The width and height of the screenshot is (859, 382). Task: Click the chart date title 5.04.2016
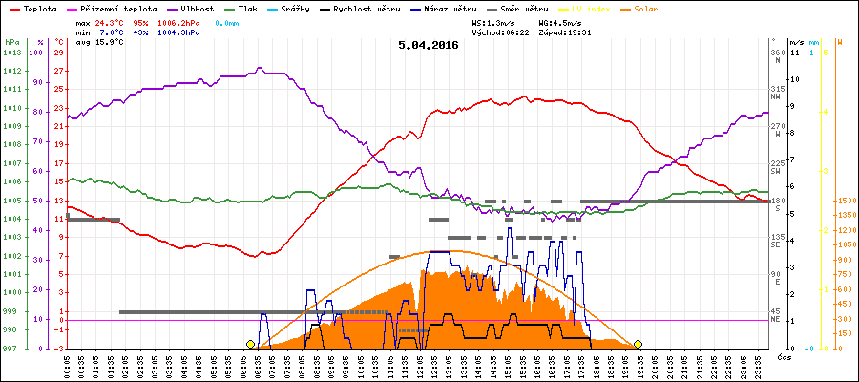(429, 44)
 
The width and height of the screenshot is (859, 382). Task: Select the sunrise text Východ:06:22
(500, 32)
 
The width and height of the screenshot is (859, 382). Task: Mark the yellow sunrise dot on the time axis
(250, 344)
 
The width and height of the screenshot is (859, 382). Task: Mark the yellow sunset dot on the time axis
(638, 344)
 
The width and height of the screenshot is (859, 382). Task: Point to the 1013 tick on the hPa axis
(11, 53)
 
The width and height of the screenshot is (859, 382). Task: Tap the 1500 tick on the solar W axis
(845, 202)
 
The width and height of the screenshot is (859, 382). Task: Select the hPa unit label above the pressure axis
(11, 42)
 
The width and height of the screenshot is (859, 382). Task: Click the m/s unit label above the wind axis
(797, 42)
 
